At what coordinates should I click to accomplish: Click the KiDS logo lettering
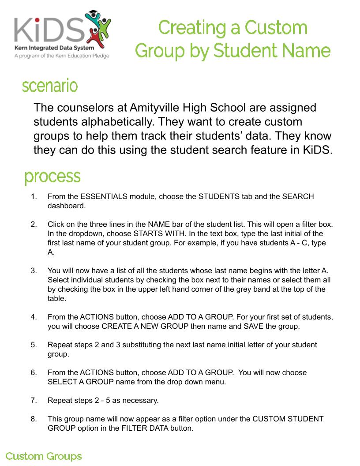click(49, 30)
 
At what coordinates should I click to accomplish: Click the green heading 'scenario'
click(50, 86)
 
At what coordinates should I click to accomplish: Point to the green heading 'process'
click(52, 177)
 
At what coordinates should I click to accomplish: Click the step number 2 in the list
click(34, 224)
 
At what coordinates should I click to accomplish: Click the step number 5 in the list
click(34, 345)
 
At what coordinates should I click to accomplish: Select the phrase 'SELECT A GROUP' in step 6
click(74, 382)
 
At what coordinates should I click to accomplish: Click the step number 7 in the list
click(34, 400)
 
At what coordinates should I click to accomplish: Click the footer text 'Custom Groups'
click(44, 456)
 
